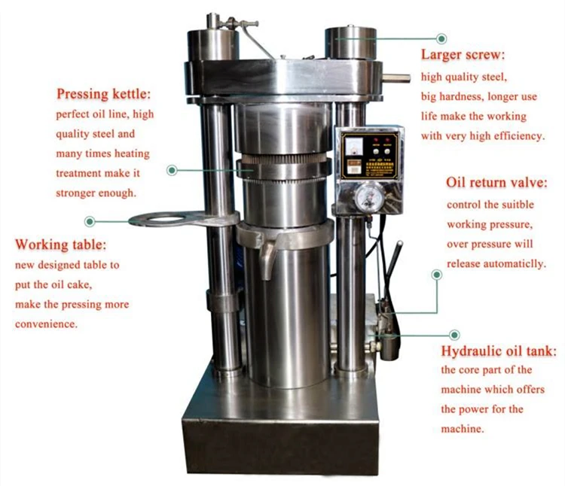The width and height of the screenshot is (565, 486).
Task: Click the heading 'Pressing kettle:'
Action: (104, 95)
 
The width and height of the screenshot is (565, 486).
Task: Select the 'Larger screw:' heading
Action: (463, 56)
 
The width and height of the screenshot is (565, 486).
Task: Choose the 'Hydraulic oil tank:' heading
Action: (498, 351)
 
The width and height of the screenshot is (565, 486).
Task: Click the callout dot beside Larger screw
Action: (442, 38)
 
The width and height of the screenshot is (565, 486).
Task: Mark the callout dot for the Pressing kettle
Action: (172, 171)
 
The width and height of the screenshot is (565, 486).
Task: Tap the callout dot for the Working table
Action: (90, 221)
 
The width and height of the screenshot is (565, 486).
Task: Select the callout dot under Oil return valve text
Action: (436, 276)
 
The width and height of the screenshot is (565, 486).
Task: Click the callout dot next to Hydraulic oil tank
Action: (454, 333)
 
